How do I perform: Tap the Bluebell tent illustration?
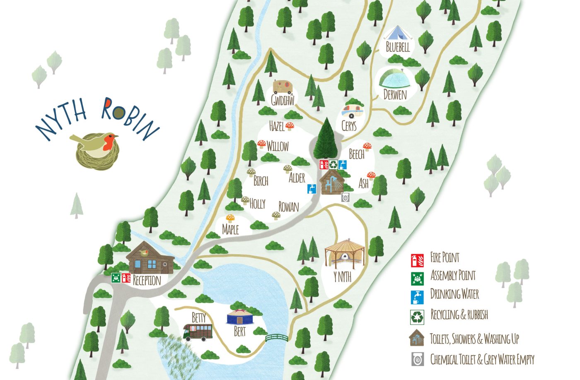397,33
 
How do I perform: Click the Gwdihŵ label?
283,100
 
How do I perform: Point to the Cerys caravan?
352,111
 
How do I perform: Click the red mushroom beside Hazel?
290,126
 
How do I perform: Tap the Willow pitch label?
278,146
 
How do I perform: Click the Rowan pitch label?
288,207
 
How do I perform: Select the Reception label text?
147,280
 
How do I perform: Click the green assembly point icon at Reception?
116,278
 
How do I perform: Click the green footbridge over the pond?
276,338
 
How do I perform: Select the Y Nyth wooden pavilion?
345,253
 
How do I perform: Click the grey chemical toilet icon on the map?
346,197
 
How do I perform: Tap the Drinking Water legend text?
454,294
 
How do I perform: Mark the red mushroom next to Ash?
371,176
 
